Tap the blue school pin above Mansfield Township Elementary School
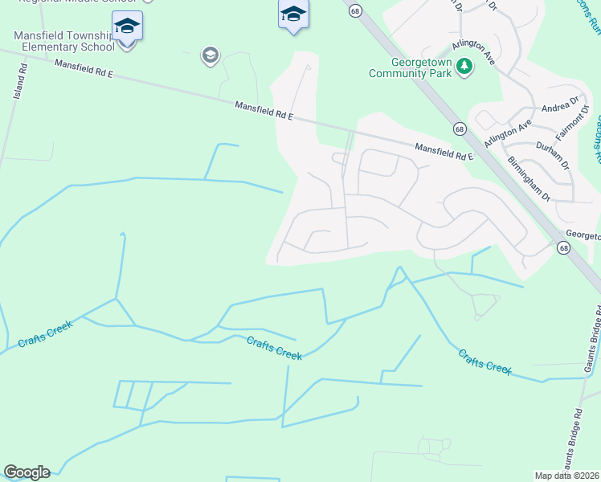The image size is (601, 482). tap(128, 26)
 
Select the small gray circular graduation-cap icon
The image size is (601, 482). tap(211, 55)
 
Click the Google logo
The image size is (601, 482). tap(27, 472)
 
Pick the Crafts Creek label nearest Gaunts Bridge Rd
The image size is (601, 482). tap(484, 360)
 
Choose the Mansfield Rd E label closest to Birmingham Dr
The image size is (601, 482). tap(444, 152)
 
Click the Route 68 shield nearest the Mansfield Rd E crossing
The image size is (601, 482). tap(459, 129)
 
